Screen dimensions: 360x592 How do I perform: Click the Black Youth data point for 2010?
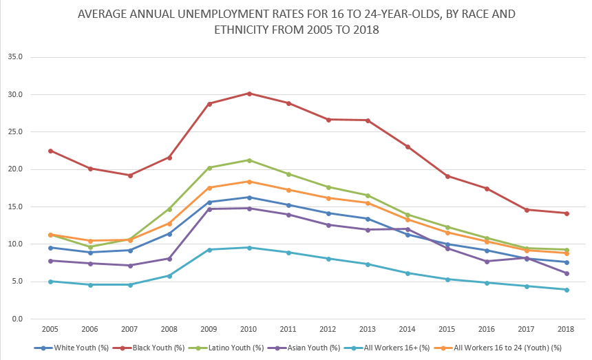[249, 93]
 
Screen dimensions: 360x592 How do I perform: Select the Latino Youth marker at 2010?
[249, 160]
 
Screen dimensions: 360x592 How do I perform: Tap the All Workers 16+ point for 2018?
[567, 290]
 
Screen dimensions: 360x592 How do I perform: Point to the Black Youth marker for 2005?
[50, 151]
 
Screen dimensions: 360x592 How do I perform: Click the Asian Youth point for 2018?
[567, 273]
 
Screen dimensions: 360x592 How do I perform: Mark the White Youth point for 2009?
[209, 202]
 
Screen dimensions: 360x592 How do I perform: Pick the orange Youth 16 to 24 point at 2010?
[249, 182]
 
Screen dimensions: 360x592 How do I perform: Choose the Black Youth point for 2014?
[408, 147]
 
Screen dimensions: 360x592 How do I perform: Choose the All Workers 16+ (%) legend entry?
[421, 348]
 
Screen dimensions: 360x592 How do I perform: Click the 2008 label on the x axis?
[169, 330]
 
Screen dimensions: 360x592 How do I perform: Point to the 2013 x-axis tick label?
[368, 330]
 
